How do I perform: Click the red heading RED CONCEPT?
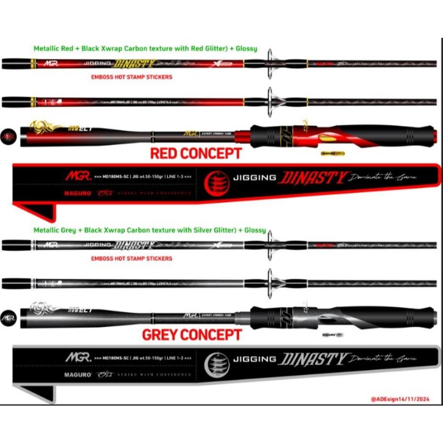point(196,153)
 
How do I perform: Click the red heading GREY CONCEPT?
point(192,334)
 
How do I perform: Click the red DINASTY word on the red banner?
point(314,179)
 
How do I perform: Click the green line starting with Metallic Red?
point(145,48)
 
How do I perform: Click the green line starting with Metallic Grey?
point(149,230)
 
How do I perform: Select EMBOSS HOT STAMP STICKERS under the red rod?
point(131,77)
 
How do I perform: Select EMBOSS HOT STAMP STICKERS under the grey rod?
point(131,258)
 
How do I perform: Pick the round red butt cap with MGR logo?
point(8,136)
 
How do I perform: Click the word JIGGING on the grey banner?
point(254,359)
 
